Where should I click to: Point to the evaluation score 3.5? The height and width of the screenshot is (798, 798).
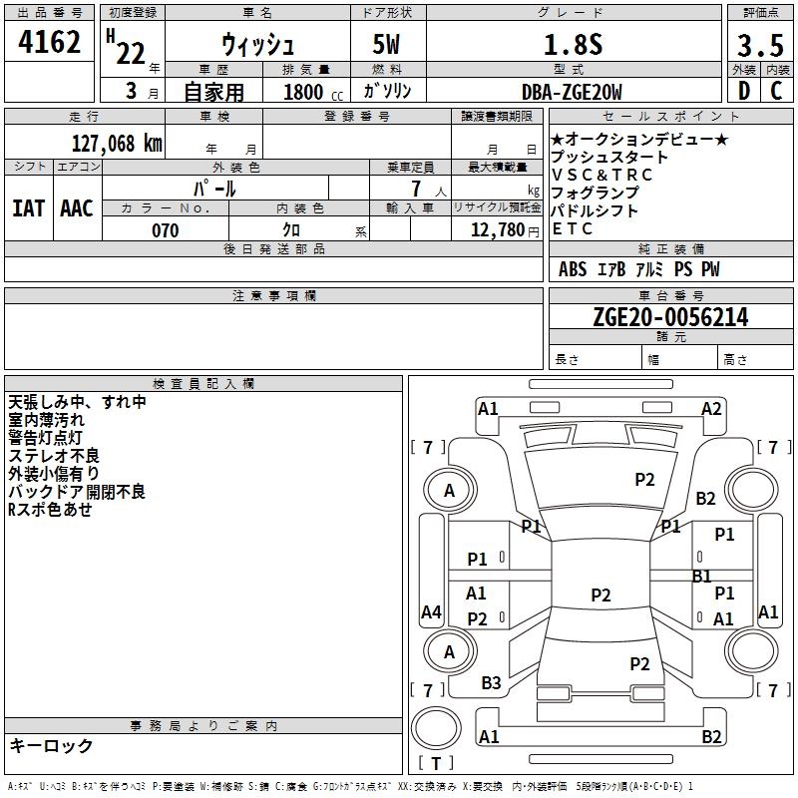759,46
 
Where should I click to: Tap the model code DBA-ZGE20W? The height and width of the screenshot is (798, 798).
572,92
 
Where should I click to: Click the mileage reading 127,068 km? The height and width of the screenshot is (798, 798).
116,143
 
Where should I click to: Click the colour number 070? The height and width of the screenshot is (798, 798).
165,230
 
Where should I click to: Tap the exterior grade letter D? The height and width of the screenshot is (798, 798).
742,92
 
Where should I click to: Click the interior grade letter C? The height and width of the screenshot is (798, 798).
775,92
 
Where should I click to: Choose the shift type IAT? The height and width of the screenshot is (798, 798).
28,208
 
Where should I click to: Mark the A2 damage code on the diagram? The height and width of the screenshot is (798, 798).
711,408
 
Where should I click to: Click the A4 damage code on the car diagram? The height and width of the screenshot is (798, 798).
431,611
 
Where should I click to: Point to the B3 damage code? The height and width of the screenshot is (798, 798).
491,683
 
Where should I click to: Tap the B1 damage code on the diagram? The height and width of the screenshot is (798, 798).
702,576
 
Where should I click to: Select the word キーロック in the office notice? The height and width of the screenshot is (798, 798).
51,746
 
